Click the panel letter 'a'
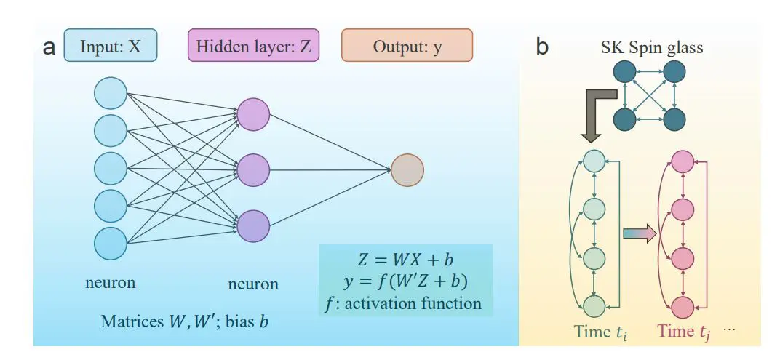tap(49, 47)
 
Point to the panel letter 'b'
tap(542, 47)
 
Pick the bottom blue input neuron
tap(111, 242)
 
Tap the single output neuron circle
tap(407, 170)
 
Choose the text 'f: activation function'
tap(405, 303)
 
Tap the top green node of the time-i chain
tap(595, 162)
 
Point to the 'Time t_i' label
tap(600, 332)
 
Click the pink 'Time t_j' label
tap(684, 332)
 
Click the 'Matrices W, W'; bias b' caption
tap(184, 321)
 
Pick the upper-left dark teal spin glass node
tap(624, 72)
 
